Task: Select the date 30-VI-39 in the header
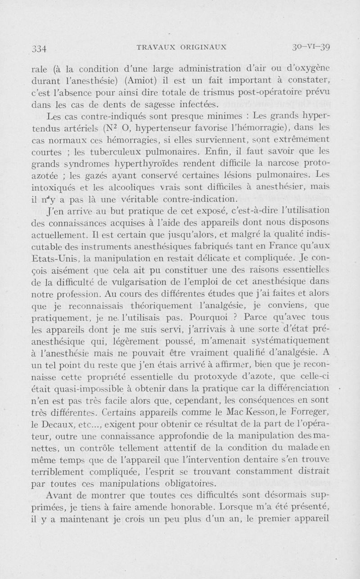point(311,46)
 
